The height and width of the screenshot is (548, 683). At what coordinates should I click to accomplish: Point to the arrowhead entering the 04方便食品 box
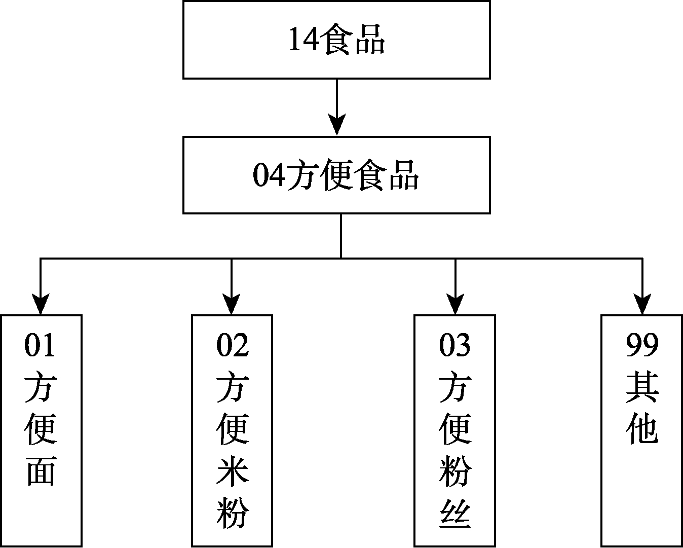tap(337, 125)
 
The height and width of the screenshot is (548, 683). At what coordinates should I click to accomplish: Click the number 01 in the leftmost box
tap(40, 345)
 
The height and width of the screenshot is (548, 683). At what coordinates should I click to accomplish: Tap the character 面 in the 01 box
tap(41, 471)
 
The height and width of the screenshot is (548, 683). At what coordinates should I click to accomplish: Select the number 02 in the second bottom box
tap(233, 345)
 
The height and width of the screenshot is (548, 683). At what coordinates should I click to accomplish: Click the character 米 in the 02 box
tap(233, 471)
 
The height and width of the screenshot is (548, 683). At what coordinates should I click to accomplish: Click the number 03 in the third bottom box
tap(454, 345)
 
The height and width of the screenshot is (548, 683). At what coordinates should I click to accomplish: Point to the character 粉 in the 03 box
tap(455, 471)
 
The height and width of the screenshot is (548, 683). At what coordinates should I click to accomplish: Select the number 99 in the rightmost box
tap(642, 345)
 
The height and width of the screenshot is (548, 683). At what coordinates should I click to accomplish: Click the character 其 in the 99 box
tap(642, 387)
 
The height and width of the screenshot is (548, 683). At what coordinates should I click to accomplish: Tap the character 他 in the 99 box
tap(642, 429)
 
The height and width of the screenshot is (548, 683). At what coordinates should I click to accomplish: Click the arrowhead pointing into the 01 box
tap(41, 304)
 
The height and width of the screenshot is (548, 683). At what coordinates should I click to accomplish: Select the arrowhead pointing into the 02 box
tap(232, 304)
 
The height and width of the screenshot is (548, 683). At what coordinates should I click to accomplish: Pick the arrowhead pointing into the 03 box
tap(456, 304)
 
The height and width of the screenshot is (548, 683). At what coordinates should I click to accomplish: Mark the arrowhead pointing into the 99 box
tap(642, 304)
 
